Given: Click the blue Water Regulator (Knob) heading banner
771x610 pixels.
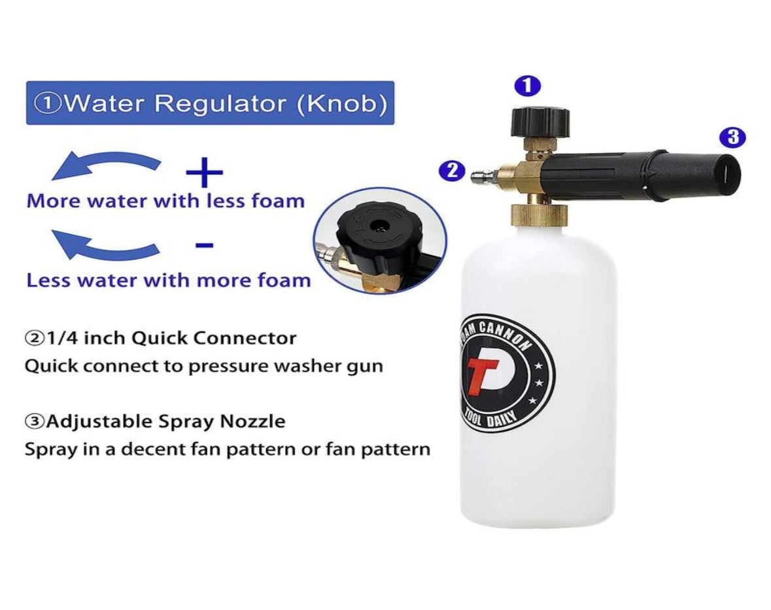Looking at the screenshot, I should (x=209, y=103).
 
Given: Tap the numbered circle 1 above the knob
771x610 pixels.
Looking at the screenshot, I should (x=527, y=86).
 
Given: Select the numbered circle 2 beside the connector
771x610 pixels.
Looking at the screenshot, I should (x=451, y=171).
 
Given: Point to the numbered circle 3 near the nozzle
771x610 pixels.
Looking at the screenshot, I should (x=732, y=137).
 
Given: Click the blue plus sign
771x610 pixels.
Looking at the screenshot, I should (x=204, y=173).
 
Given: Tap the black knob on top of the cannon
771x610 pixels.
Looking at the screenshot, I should (x=540, y=122).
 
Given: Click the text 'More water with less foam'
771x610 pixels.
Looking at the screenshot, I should (x=165, y=201).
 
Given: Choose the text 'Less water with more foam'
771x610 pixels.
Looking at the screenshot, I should (x=168, y=280).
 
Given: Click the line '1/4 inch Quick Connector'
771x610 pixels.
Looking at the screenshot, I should (x=160, y=339).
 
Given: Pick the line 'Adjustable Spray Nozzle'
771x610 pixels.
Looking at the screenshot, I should (x=155, y=422).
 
